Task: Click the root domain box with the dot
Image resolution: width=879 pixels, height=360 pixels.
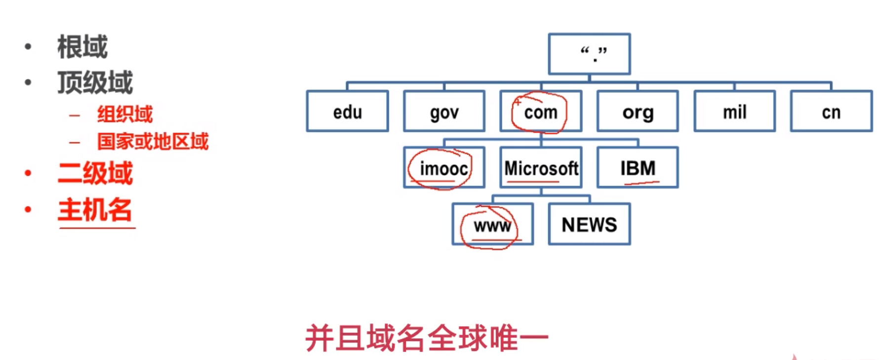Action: pos(589,54)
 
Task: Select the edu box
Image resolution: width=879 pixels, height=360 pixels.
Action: pos(347,112)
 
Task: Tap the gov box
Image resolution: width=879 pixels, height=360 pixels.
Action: pos(444,112)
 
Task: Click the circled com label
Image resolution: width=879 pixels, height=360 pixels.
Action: pos(541,113)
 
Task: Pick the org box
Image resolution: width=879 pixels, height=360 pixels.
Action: pos(638,112)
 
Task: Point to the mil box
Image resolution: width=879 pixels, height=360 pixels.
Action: pos(734,112)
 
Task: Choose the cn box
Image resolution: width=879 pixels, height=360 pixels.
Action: pos(831,112)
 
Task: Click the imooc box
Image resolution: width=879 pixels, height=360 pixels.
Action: pos(443,168)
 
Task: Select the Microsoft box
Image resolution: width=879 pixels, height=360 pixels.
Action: pos(541,168)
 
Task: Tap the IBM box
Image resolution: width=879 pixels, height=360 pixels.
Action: pos(638,168)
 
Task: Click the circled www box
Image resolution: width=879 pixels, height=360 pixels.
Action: pos(492,225)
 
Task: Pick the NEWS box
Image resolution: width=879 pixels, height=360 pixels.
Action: pos(589,225)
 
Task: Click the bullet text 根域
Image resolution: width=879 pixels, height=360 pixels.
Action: pos(82,47)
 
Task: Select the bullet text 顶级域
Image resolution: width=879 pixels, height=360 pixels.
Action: pos(95,82)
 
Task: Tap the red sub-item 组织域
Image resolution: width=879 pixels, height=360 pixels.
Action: pos(125,114)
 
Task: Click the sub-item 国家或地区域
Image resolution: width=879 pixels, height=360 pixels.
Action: pos(153,141)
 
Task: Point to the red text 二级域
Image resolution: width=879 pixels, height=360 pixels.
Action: pos(95,173)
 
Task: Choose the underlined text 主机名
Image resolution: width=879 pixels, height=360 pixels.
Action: pos(95,210)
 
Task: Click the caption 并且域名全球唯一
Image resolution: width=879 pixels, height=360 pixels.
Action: pos(427,338)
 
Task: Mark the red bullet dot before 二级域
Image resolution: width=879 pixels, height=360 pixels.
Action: pos(28,173)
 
